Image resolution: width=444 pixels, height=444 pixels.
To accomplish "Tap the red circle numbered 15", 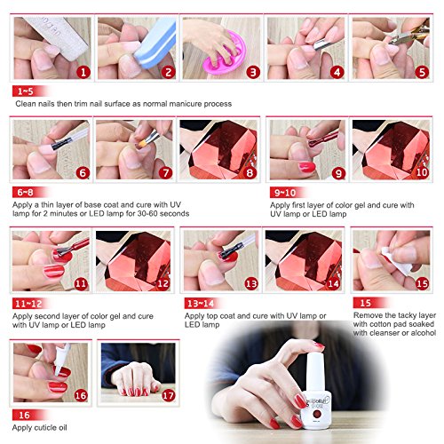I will pyautogui.click(x=422, y=284).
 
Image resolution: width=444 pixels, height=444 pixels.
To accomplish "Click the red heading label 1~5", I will pyautogui.click(x=24, y=91).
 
